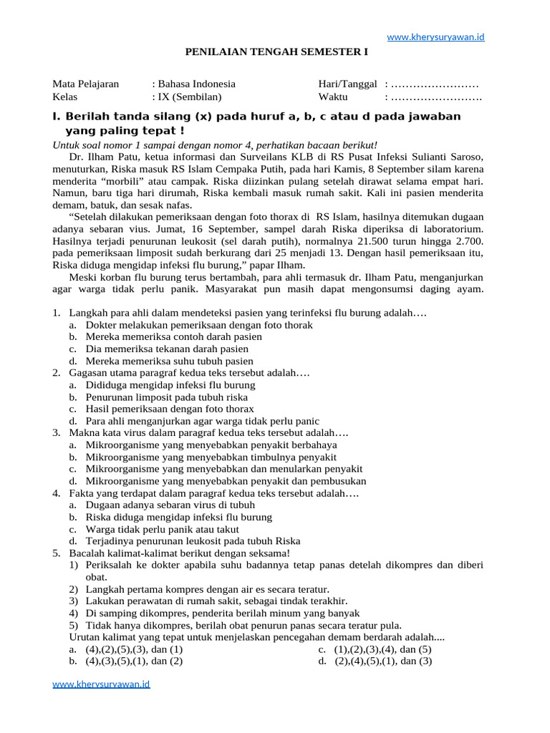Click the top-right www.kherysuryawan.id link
[435, 37]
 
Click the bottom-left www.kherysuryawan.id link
[102, 684]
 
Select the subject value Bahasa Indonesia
[196, 84]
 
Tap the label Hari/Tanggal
[347, 84]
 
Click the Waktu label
[333, 97]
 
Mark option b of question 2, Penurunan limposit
[166, 397]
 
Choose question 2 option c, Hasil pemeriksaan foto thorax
[170, 409]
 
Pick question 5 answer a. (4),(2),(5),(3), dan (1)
[134, 649]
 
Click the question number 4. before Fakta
[57, 493]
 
